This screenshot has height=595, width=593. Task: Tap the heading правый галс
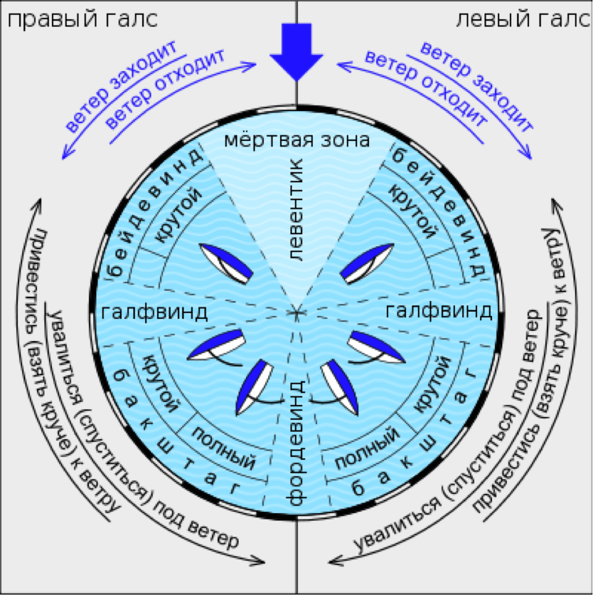point(82,20)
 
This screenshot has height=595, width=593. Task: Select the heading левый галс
point(523,20)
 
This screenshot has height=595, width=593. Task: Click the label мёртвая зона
point(297,139)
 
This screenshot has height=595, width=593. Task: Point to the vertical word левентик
point(296,209)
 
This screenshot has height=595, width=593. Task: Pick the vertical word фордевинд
point(296,442)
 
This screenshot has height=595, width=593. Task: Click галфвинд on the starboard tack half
point(154,312)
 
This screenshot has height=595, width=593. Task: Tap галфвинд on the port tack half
point(439,311)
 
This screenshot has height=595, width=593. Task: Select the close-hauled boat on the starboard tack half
point(226,263)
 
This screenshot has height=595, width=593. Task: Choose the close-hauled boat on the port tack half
point(367,263)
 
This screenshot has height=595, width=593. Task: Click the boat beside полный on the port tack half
point(339,387)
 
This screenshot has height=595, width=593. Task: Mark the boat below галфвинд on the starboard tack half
point(216,344)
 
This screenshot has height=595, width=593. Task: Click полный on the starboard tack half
point(225,448)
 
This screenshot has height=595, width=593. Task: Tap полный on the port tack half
point(367,448)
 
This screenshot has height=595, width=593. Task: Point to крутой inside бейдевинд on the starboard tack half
point(178,215)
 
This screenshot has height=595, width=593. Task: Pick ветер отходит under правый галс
point(164,90)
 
